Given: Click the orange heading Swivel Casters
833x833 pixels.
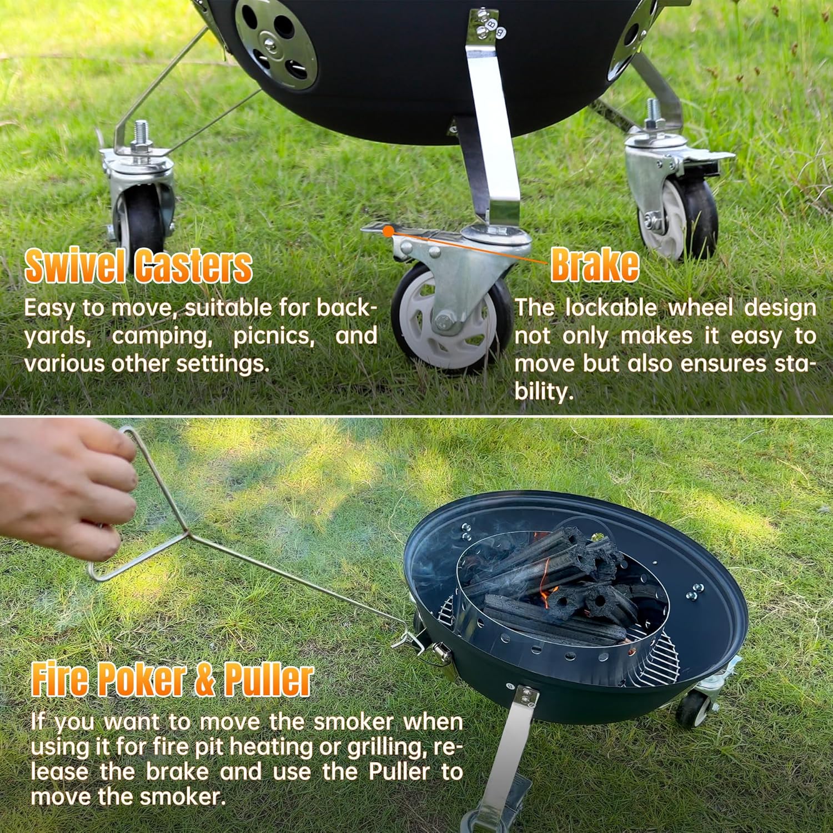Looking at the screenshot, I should pyautogui.click(x=138, y=266).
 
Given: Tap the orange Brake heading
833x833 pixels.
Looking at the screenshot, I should pyautogui.click(x=594, y=266).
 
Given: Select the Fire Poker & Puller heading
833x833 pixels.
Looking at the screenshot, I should pyautogui.click(x=172, y=679).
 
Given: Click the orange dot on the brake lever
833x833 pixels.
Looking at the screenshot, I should pyautogui.click(x=389, y=230).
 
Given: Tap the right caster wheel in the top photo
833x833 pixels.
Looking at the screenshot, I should pyautogui.click(x=680, y=217).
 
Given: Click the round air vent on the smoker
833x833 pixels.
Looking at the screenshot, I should pyautogui.click(x=275, y=43).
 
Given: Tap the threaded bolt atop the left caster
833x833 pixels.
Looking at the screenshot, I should pyautogui.click(x=140, y=133).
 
